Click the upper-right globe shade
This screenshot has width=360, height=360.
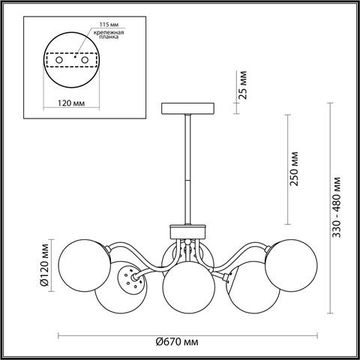pos(298,259)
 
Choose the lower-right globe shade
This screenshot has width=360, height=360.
pos(249,288)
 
